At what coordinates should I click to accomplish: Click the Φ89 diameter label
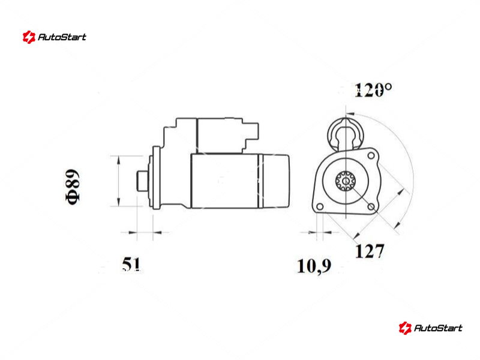click(73, 187)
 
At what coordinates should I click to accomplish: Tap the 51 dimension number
click(131, 264)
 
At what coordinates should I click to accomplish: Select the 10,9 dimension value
click(314, 266)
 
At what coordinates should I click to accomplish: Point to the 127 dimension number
click(370, 251)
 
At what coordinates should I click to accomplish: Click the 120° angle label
click(373, 90)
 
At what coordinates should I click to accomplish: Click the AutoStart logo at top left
click(55, 37)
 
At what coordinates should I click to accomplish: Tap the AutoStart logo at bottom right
click(430, 328)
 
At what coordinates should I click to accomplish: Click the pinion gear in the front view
click(346, 181)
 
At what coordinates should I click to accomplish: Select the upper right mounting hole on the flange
click(371, 155)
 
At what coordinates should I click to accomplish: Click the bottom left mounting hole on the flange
click(320, 206)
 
